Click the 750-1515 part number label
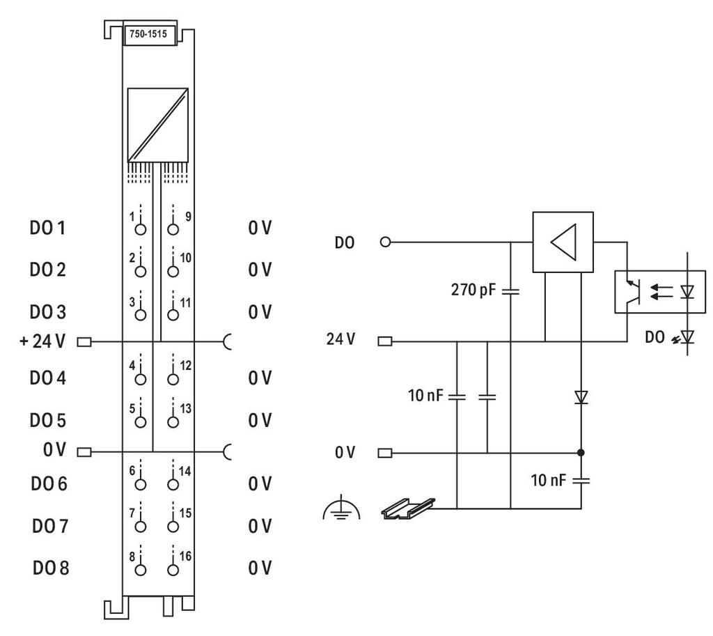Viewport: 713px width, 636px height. pyautogui.click(x=148, y=34)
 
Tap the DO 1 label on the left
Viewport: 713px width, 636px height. pyautogui.click(x=47, y=228)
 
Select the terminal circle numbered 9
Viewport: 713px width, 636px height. pyautogui.click(x=173, y=228)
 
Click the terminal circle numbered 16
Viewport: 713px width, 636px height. pyautogui.click(x=173, y=570)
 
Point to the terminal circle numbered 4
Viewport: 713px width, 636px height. pyautogui.click(x=141, y=379)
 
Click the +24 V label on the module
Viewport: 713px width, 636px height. pyautogui.click(x=42, y=341)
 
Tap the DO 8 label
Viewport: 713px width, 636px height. pyautogui.click(x=50, y=568)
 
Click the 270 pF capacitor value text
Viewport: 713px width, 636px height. pyautogui.click(x=473, y=290)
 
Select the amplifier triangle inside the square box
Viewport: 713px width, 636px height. pyautogui.click(x=564, y=242)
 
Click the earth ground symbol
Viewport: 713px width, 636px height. pyautogui.click(x=341, y=510)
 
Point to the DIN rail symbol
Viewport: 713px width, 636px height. pyautogui.click(x=408, y=509)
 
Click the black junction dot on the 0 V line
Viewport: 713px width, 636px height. pyautogui.click(x=581, y=453)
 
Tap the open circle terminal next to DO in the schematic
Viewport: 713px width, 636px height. pyautogui.click(x=385, y=242)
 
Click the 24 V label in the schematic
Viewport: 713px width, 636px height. pyautogui.click(x=340, y=339)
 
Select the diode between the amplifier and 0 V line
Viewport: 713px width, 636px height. pyautogui.click(x=581, y=397)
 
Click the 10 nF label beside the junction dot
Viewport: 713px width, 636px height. pyautogui.click(x=549, y=480)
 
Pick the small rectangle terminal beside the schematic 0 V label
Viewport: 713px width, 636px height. pyautogui.click(x=384, y=453)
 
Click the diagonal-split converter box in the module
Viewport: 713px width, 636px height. pyautogui.click(x=158, y=125)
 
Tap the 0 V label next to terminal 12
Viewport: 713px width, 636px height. pyautogui.click(x=260, y=378)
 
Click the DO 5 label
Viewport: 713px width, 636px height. pyautogui.click(x=48, y=420)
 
